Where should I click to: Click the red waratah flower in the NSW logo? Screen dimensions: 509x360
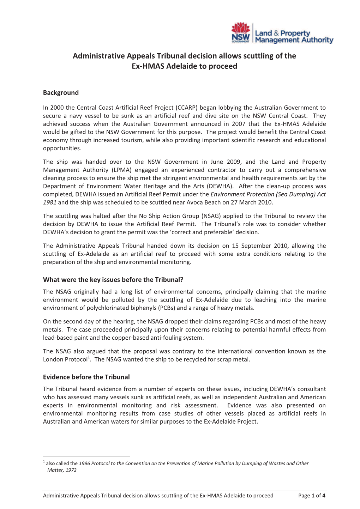(x=240, y=28)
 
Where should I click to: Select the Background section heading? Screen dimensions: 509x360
(x=61, y=93)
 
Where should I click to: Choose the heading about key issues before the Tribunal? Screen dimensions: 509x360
(x=113, y=280)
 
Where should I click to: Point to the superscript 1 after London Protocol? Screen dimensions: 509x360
(x=89, y=357)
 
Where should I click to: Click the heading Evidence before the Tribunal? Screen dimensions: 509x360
(x=86, y=377)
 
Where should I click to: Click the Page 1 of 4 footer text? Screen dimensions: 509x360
(x=312, y=496)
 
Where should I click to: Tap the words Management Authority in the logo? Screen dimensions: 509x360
(x=294, y=40)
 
